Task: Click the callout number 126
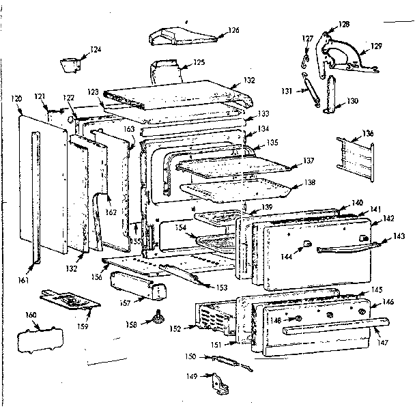[x=233, y=30]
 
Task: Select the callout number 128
[x=343, y=25]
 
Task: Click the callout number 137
[x=309, y=161]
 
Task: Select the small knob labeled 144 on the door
[x=307, y=244]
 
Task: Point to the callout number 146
[x=387, y=301]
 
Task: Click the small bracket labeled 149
[x=219, y=384]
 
